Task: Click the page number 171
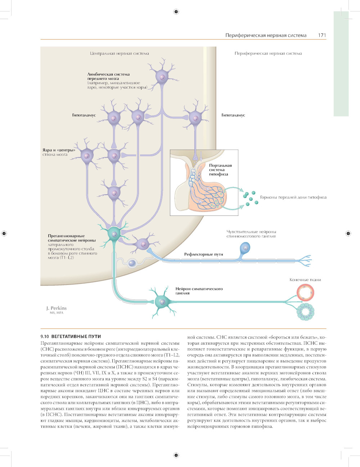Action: [322, 35]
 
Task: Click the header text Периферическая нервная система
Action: [266, 35]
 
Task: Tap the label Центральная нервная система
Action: [119, 53]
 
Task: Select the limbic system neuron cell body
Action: [162, 77]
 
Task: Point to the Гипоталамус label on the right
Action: [233, 115]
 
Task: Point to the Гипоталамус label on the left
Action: [84, 115]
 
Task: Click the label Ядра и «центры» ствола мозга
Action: [59, 152]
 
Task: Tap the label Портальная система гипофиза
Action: [220, 170]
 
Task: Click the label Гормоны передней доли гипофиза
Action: [293, 197]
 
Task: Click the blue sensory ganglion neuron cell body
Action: [245, 248]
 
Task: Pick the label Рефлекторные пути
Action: [203, 254]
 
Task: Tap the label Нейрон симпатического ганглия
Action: [199, 291]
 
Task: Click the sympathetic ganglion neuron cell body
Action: [162, 301]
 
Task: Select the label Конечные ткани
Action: [305, 280]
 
